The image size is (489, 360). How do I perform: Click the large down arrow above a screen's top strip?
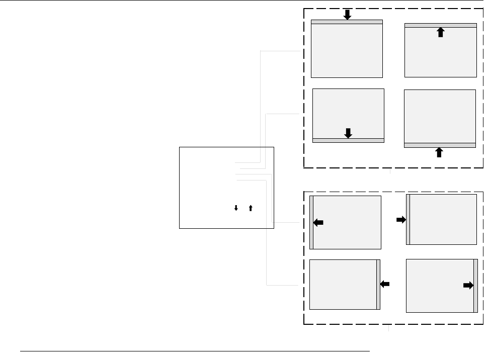pos(347,14)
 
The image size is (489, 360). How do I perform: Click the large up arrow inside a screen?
pos(441,32)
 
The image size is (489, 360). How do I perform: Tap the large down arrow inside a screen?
pos(348,133)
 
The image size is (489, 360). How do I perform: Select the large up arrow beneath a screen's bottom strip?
pos(439,152)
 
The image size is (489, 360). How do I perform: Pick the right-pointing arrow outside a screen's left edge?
pos(401,220)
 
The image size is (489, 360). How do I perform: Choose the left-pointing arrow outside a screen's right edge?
pos(385,285)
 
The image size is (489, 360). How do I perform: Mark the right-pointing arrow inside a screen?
pos(468,286)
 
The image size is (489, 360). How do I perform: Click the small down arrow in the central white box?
pos(235,207)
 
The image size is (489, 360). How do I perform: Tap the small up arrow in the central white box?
pos(251,207)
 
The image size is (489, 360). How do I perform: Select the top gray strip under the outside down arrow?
pos(347,22)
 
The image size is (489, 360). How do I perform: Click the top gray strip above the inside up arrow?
pos(441,25)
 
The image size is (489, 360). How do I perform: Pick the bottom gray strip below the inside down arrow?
pos(348,140)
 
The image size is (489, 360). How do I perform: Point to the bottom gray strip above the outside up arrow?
pos(440,145)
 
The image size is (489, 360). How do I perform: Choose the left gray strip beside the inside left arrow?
pos(311,222)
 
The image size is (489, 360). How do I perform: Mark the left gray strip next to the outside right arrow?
pos(407,220)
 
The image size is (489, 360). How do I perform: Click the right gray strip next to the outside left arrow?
pos(378,285)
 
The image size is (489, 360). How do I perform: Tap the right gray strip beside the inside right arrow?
pos(475,286)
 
